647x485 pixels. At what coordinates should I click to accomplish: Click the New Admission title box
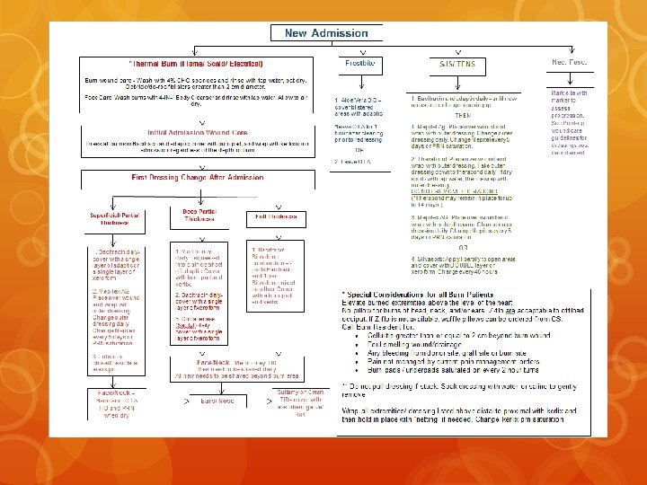tap(326, 33)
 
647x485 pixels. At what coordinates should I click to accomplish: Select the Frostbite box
tap(359, 64)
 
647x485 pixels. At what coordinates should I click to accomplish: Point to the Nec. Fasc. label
tap(569, 62)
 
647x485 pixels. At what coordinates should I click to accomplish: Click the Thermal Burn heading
tap(198, 65)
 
